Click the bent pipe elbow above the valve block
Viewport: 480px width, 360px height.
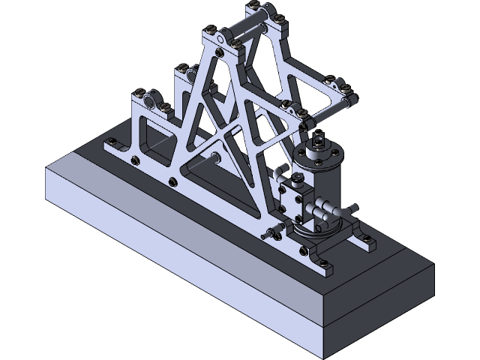coord(278,174)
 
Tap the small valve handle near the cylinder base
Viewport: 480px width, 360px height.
coord(271,233)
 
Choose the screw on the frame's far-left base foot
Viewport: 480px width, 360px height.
coord(112,142)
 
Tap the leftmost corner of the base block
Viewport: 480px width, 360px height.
coord(46,169)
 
